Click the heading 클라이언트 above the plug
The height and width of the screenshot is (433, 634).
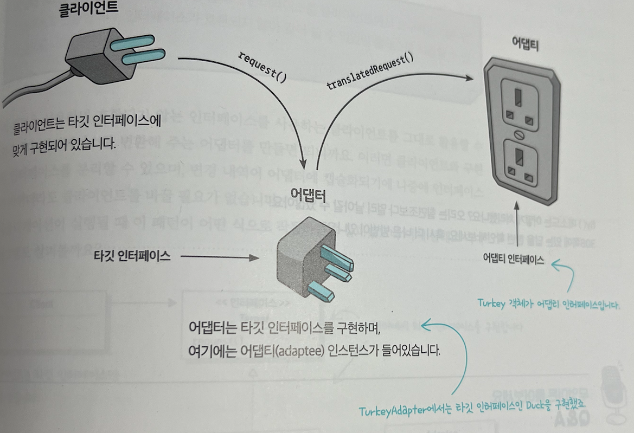coord(88,11)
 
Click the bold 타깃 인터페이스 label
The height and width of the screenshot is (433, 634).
coord(132,257)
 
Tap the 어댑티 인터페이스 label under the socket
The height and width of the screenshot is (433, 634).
coord(513,259)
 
